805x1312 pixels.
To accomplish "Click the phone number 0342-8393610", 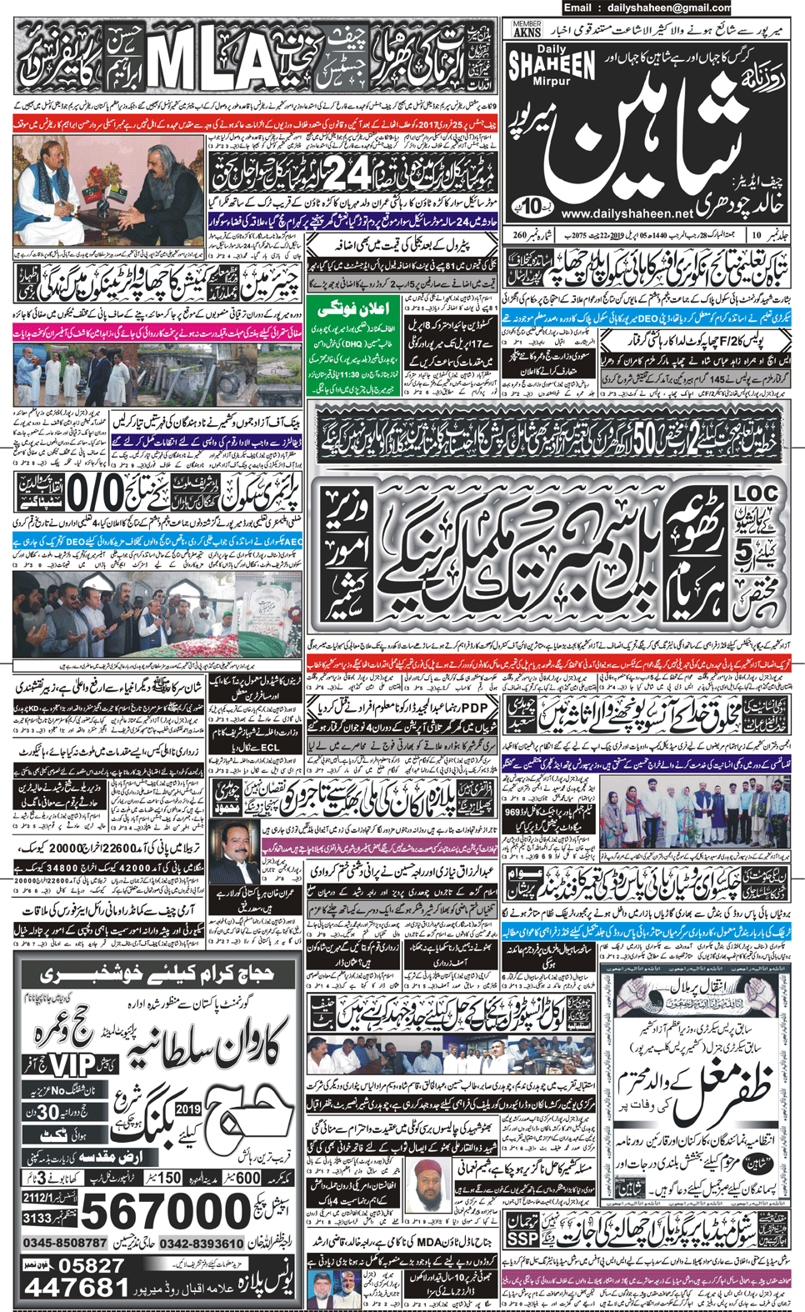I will pos(201,1244).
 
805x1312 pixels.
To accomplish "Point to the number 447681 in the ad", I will pos(75,1288).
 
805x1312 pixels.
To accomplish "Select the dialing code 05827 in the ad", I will pos(92,1265).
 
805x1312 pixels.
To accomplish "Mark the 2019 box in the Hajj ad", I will pos(188,1109).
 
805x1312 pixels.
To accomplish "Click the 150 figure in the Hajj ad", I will pos(169,1178).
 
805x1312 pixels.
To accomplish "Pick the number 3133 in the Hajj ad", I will pos(37,1219).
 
